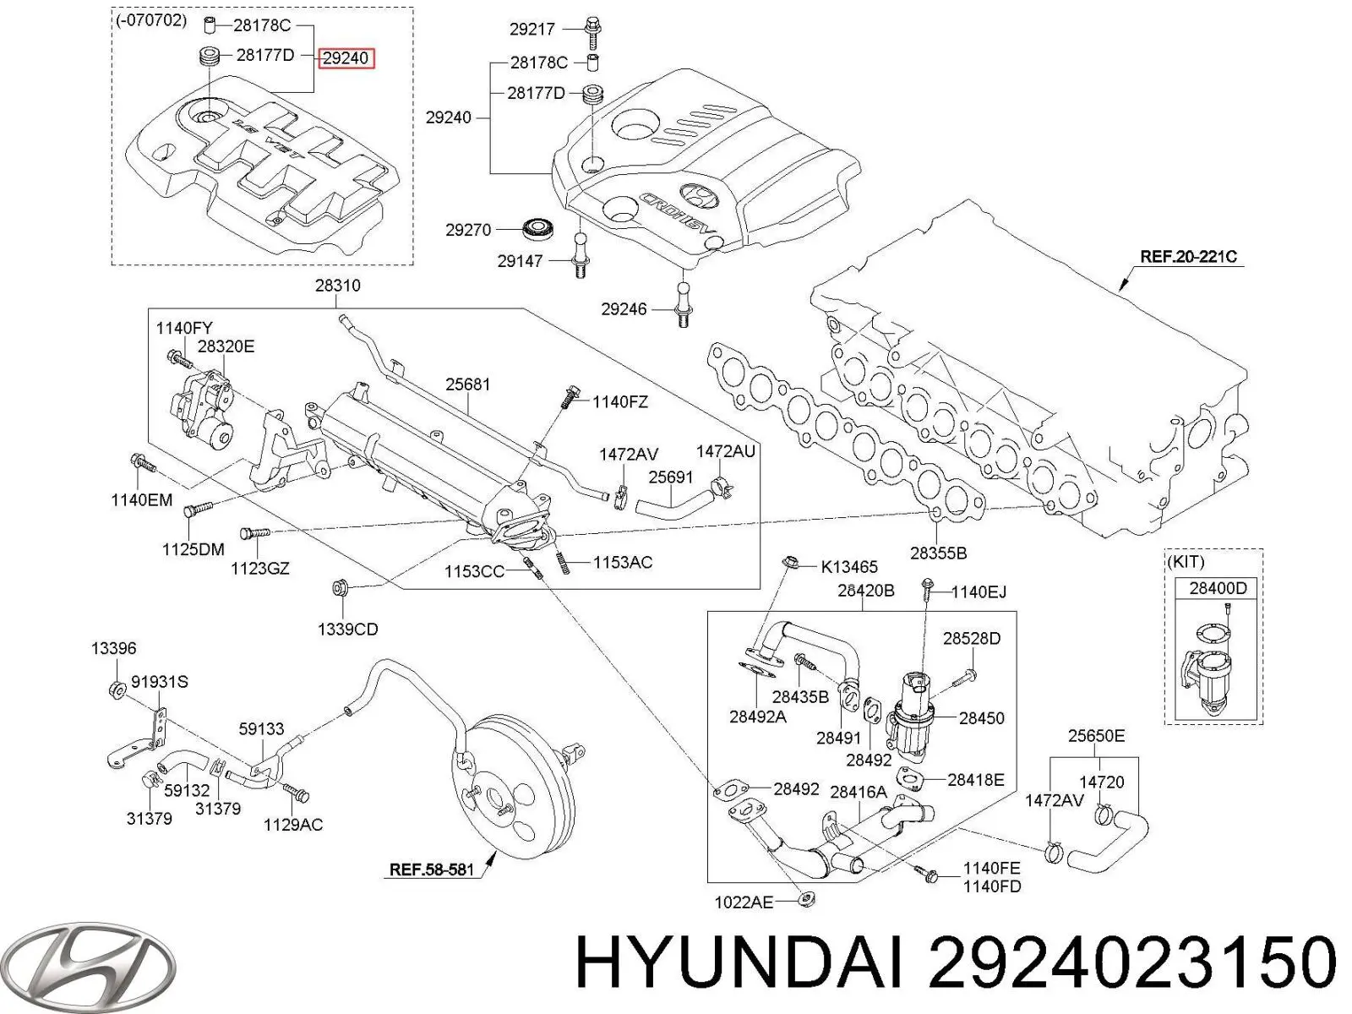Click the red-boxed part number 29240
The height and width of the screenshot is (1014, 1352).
346,58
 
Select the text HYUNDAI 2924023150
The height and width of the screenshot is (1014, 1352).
955,964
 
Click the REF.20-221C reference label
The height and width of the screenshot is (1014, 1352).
1187,256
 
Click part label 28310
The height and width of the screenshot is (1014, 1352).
337,286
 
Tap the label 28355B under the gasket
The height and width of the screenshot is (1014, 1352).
938,553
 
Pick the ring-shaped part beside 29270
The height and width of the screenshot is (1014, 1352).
536,227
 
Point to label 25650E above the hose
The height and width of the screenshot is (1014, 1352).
1096,736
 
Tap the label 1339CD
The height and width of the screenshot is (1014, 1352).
347,629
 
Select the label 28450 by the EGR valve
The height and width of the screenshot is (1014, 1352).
981,718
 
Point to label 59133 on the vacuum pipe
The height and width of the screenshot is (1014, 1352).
260,728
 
